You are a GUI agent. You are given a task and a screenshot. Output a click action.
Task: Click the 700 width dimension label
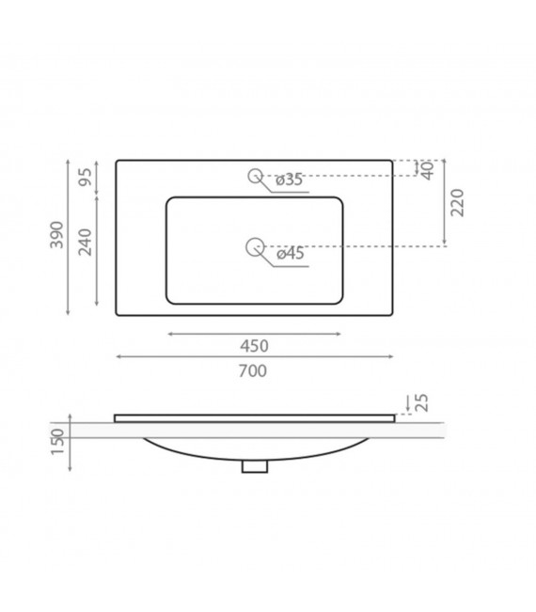tap(253, 370)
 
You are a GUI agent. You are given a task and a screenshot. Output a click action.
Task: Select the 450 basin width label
tap(253, 345)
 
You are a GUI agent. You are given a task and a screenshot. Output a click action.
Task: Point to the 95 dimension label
tap(84, 179)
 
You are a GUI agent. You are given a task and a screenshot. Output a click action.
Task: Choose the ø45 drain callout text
tap(289, 254)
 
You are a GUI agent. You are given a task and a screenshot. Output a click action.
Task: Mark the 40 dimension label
tap(427, 169)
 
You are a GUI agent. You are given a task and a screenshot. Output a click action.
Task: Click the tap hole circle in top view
tap(254, 174)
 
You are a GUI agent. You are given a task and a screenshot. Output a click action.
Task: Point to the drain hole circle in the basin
tap(253, 246)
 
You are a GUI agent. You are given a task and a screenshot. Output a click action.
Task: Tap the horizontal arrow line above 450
tap(253, 333)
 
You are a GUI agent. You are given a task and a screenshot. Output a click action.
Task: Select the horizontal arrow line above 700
tap(253, 357)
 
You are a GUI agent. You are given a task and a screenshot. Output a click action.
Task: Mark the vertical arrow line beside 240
tap(98, 254)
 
